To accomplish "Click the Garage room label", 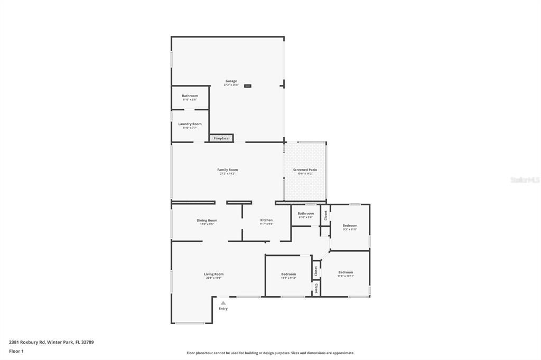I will [x=231, y=81].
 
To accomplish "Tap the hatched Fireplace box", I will [x=221, y=138].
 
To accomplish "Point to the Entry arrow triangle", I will [x=223, y=303].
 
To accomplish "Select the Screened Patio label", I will [x=305, y=170].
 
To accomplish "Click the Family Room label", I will [x=228, y=170].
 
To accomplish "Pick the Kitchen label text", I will [x=266, y=220].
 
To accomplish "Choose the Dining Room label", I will [x=207, y=220].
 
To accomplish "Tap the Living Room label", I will [x=214, y=274].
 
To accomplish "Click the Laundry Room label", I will [x=190, y=124].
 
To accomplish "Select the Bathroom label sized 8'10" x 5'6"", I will [x=190, y=96].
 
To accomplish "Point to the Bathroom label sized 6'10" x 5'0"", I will [x=306, y=213].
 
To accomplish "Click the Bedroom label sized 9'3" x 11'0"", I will [x=350, y=225].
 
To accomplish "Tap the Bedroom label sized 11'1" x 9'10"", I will [x=288, y=274].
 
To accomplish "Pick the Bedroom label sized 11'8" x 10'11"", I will [x=346, y=272].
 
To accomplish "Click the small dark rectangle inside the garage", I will [x=247, y=86].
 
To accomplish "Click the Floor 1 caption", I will [x=16, y=351].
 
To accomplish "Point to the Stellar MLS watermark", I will [x=525, y=180].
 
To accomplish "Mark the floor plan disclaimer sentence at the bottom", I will [x=270, y=353].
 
